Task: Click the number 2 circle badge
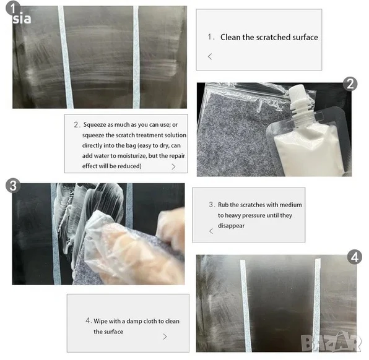(x=350, y=84)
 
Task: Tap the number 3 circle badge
(x=13, y=186)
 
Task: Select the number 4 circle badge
(x=355, y=257)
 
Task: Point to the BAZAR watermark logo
(x=331, y=341)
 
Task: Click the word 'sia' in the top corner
(x=22, y=19)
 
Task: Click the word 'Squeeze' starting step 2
(x=95, y=124)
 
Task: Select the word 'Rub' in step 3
(x=223, y=205)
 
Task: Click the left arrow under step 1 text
(x=210, y=56)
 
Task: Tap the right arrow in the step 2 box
(x=173, y=166)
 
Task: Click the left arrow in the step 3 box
(x=211, y=231)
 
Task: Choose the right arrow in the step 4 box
(x=165, y=336)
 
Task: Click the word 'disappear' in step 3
(x=231, y=226)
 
